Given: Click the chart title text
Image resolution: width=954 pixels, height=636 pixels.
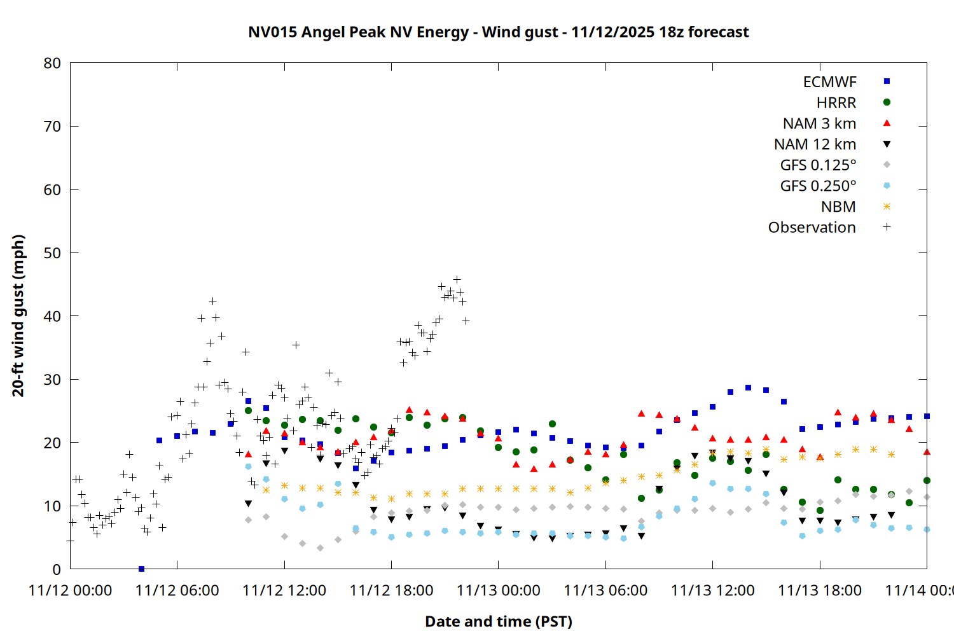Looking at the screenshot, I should click(499, 32).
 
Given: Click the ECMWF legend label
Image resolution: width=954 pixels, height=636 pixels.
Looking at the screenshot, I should click(829, 82).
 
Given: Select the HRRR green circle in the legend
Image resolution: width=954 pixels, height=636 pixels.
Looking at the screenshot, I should click(887, 102).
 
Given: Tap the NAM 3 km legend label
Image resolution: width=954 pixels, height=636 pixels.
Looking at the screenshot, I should click(819, 123).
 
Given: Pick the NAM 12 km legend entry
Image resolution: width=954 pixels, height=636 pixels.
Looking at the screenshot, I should click(815, 144).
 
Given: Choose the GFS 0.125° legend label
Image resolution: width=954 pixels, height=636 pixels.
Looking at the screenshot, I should click(818, 165).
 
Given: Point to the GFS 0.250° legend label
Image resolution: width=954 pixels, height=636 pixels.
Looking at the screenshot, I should click(818, 186).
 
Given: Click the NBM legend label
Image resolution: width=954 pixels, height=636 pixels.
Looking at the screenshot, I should click(838, 207).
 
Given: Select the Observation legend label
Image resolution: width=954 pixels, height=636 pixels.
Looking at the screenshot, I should click(812, 228).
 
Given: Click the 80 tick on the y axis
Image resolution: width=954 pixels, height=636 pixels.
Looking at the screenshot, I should click(52, 63).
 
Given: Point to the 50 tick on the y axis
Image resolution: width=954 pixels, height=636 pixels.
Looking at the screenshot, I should click(52, 253).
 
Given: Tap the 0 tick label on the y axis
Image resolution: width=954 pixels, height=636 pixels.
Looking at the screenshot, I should click(57, 569).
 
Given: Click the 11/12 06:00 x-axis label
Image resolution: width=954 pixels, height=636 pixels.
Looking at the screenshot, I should click(177, 590).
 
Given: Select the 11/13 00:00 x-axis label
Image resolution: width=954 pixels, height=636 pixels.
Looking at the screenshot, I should click(498, 590).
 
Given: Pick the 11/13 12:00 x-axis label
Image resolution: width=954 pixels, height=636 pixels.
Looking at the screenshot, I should click(712, 590).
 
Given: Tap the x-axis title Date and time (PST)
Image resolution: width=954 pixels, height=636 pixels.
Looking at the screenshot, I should click(499, 621).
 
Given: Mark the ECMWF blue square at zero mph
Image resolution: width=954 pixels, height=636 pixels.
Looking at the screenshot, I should click(141, 569).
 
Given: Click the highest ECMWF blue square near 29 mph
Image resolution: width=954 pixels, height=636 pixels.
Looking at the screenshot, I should click(748, 387).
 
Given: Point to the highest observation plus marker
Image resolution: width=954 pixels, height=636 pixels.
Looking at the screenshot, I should click(457, 279).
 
